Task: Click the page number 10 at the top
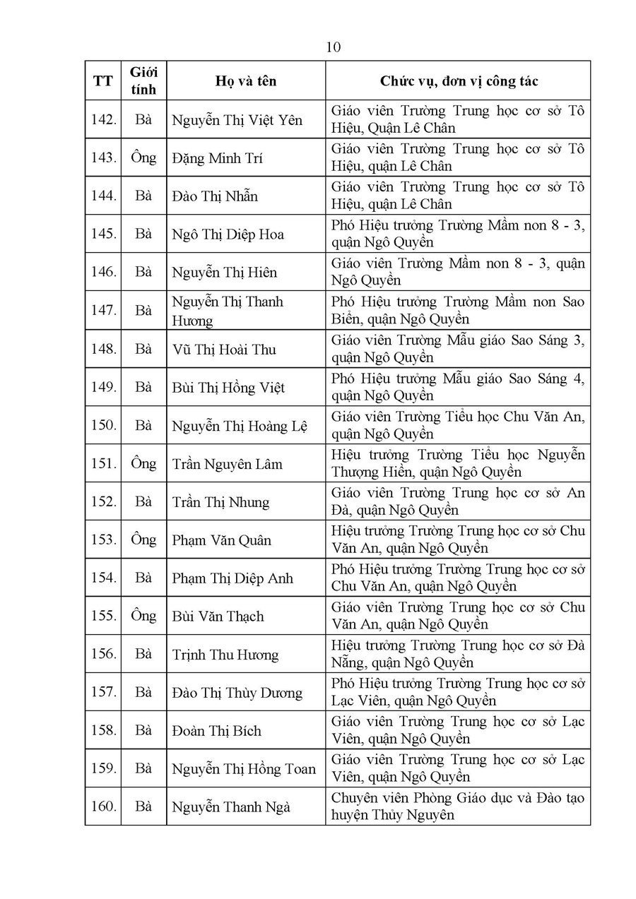click(x=334, y=47)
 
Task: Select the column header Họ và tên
click(x=246, y=81)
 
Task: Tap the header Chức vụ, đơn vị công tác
click(x=459, y=81)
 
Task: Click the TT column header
click(x=102, y=81)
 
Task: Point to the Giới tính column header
click(x=143, y=81)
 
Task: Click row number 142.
click(x=103, y=119)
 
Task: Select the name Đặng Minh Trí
click(x=217, y=158)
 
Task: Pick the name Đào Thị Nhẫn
click(x=215, y=196)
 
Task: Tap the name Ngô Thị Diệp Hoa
click(x=228, y=234)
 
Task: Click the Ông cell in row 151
click(x=143, y=463)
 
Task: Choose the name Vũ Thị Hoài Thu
click(x=224, y=350)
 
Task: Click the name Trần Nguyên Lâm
click(x=228, y=464)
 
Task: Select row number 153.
click(x=103, y=540)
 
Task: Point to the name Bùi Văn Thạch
click(x=218, y=616)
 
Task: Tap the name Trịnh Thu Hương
click(x=225, y=655)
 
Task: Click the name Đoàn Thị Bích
click(x=216, y=730)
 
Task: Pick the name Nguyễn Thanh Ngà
click(x=231, y=806)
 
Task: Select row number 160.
click(x=103, y=806)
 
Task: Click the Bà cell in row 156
click(x=143, y=654)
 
